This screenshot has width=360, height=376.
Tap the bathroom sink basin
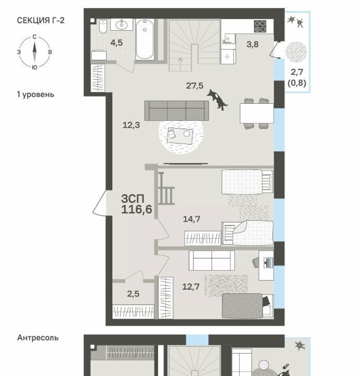click(x=121, y=24)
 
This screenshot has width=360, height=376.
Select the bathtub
click(x=145, y=40)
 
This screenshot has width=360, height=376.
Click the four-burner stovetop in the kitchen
click(x=260, y=26)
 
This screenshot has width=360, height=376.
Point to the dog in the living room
click(x=217, y=99)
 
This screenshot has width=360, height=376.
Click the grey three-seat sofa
click(x=177, y=111)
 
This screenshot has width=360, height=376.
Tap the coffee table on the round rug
click(x=180, y=136)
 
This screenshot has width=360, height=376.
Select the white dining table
click(x=257, y=113)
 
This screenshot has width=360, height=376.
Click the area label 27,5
click(x=195, y=85)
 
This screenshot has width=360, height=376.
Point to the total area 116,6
click(x=137, y=209)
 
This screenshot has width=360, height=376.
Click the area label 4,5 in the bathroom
click(x=117, y=43)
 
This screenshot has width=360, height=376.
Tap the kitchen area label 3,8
click(x=252, y=44)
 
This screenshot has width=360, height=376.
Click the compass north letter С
click(x=34, y=37)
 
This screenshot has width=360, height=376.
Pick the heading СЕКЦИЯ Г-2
click(x=41, y=20)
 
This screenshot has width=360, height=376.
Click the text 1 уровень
click(x=36, y=94)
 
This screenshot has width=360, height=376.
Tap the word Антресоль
click(x=38, y=338)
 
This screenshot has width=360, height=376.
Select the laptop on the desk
click(x=268, y=263)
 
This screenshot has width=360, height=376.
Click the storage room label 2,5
click(x=133, y=294)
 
